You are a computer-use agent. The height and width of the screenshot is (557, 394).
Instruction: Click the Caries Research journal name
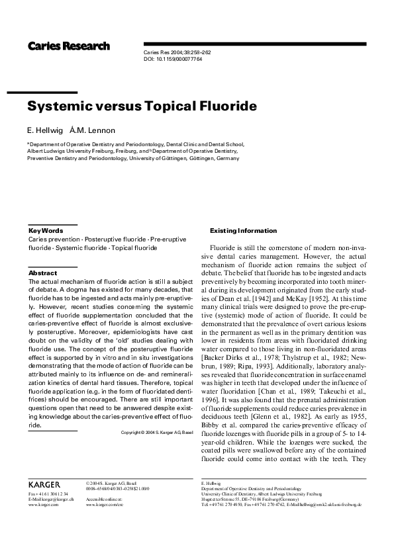click(68, 46)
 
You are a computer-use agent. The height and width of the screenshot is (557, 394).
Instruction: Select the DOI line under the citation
click(173, 59)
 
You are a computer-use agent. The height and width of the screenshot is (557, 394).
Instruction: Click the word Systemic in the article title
click(63, 106)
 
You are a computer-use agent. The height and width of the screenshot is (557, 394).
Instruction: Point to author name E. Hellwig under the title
click(44, 130)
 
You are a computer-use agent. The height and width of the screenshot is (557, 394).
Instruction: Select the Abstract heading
click(43, 273)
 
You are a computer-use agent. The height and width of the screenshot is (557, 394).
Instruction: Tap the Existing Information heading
click(243, 230)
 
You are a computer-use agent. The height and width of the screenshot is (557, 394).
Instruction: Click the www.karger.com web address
click(44, 504)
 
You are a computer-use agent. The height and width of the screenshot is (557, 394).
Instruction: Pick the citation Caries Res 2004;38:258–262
click(173, 52)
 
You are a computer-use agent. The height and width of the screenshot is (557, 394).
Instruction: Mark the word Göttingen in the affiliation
click(202, 159)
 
